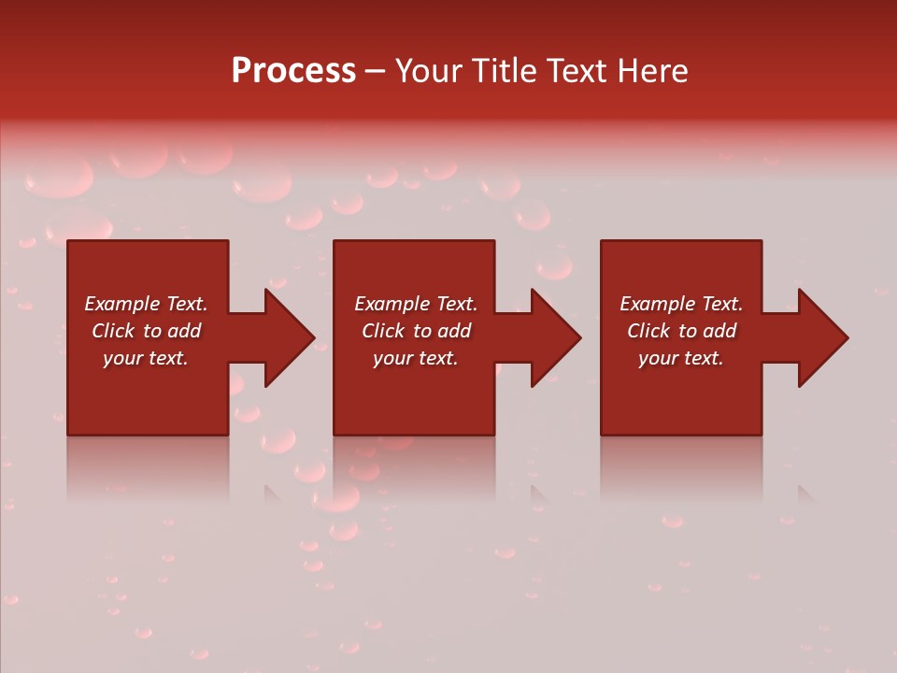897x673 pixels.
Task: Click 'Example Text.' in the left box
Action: (146, 304)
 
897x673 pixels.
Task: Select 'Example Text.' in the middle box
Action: (415, 304)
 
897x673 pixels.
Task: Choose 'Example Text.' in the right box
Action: (681, 304)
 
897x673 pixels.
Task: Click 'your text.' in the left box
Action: (146, 358)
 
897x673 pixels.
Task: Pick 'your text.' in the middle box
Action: (415, 358)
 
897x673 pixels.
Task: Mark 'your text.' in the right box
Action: (681, 358)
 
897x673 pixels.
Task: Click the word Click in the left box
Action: (113, 331)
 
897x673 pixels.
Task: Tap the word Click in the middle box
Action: (383, 331)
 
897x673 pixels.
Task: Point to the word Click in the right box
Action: (648, 331)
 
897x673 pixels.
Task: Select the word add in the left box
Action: (184, 331)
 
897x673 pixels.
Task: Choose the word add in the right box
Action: (719, 331)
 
